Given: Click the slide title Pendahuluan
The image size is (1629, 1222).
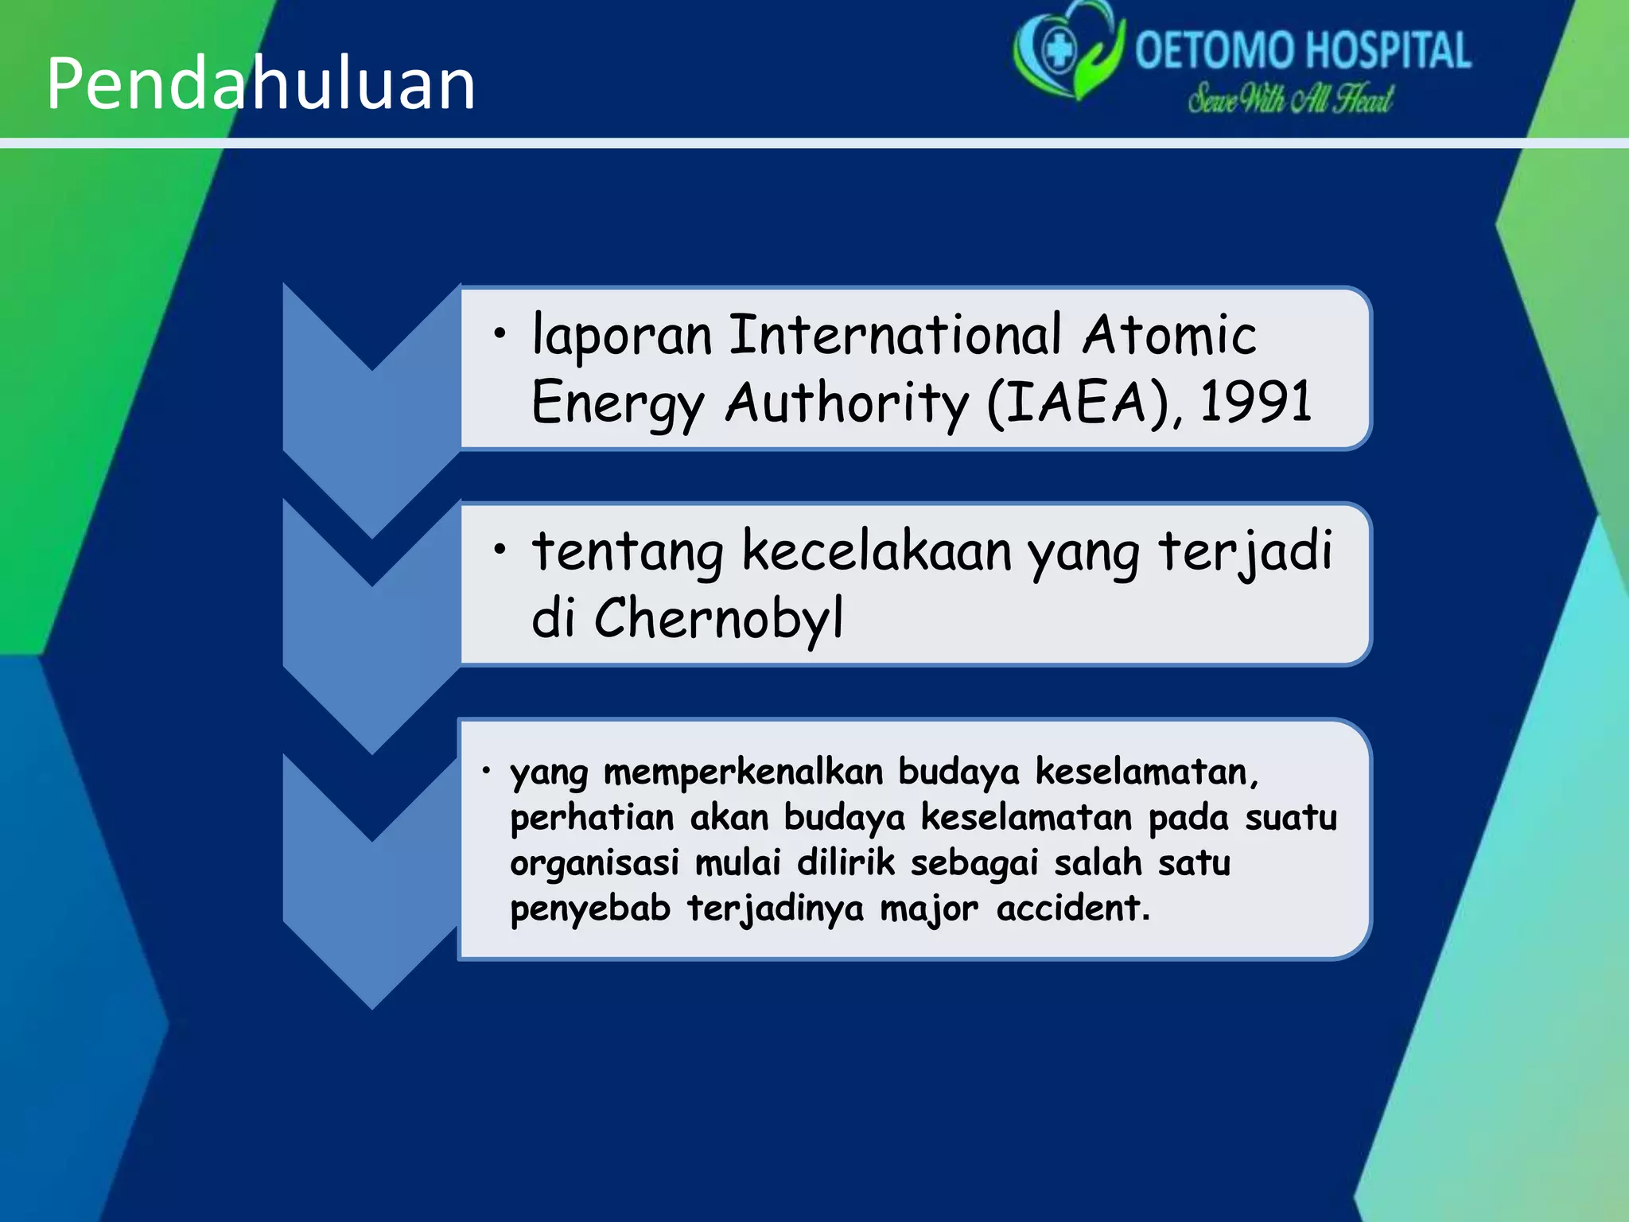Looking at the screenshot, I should (x=261, y=84).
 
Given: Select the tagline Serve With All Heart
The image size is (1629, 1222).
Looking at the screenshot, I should (x=1290, y=99).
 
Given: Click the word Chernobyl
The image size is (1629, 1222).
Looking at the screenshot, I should (x=718, y=618).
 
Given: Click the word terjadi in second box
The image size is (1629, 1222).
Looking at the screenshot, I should (x=1245, y=551).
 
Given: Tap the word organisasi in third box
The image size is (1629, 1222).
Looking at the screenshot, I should (x=594, y=863).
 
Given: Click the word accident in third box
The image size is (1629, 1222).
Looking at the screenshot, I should (x=1072, y=909).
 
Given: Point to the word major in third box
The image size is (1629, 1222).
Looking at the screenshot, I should (x=928, y=909).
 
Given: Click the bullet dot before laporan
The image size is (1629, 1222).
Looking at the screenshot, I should (x=499, y=333).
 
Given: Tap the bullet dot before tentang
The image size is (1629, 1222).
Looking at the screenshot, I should (x=499, y=549).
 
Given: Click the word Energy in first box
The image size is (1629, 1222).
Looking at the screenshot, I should (x=617, y=403).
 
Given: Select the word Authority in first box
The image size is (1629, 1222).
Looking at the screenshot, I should (x=846, y=403).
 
